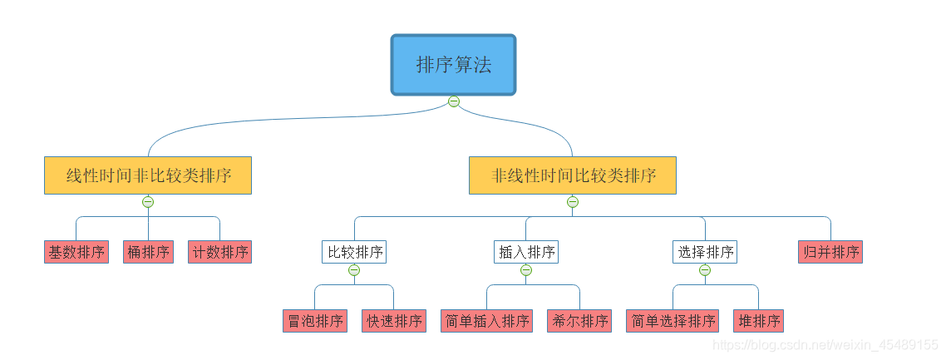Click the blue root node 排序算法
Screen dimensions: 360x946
(454, 65)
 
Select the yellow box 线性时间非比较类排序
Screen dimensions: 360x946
(148, 175)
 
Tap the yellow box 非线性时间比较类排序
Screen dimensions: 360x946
(572, 175)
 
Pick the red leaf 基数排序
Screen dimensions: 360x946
(76, 252)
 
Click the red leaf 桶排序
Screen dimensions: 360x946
(148, 252)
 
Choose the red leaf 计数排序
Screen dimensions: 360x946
(219, 252)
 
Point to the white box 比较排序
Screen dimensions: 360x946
(354, 252)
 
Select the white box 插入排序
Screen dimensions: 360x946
(526, 252)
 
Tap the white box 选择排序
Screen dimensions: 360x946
(705, 252)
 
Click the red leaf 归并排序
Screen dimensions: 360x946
(830, 252)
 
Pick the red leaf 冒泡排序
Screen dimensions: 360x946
(315, 321)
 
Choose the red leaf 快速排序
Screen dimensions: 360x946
(394, 321)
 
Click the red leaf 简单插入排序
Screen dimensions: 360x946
(487, 321)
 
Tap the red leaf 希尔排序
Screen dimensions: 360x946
(579, 321)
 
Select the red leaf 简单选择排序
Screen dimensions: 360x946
(673, 321)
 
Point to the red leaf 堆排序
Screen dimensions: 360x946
(758, 321)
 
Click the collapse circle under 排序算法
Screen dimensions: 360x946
(454, 101)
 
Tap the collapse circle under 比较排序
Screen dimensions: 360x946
(354, 270)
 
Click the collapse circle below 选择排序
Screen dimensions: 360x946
(705, 270)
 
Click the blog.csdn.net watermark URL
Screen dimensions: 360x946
(826, 344)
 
